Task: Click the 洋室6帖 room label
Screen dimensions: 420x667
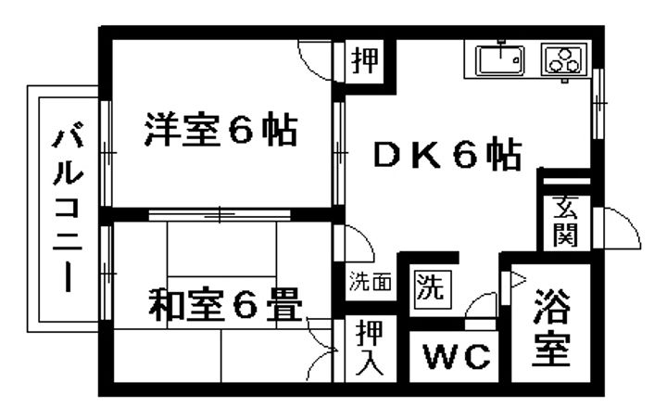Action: [x=220, y=130]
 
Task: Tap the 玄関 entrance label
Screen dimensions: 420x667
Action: [x=565, y=223]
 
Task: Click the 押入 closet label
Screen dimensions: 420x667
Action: [x=368, y=347]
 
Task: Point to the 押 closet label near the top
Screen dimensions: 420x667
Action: [x=365, y=61]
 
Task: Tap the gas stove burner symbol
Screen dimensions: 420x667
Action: [x=561, y=60]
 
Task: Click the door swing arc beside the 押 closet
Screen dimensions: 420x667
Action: [x=321, y=61]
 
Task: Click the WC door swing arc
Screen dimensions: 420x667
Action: [x=483, y=306]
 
